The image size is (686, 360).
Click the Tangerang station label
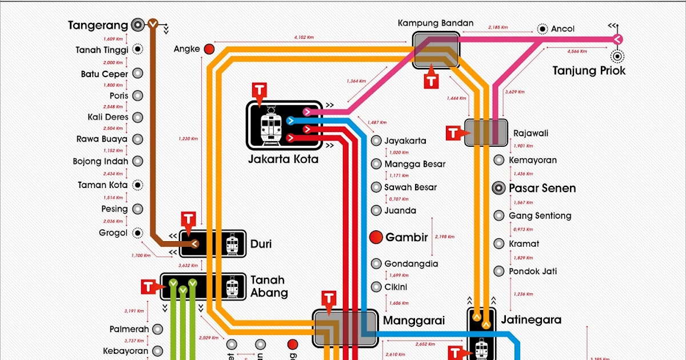click(x=97, y=25)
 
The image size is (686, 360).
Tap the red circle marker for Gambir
click(x=376, y=237)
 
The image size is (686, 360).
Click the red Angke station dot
click(x=210, y=49)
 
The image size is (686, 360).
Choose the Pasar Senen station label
click(x=542, y=188)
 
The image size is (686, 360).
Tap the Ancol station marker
click(x=542, y=29)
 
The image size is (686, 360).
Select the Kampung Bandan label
click(x=436, y=23)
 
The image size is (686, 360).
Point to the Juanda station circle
click(x=376, y=210)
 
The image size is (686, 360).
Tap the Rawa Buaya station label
click(x=102, y=139)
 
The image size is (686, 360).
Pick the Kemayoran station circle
click(x=499, y=161)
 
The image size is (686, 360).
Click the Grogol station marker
click(x=137, y=233)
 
